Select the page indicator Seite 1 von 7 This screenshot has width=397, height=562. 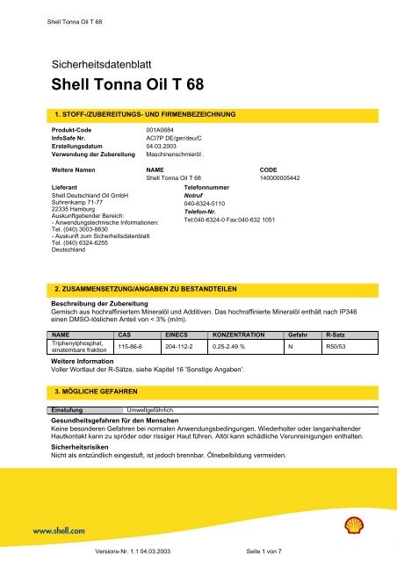(x=275, y=551)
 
